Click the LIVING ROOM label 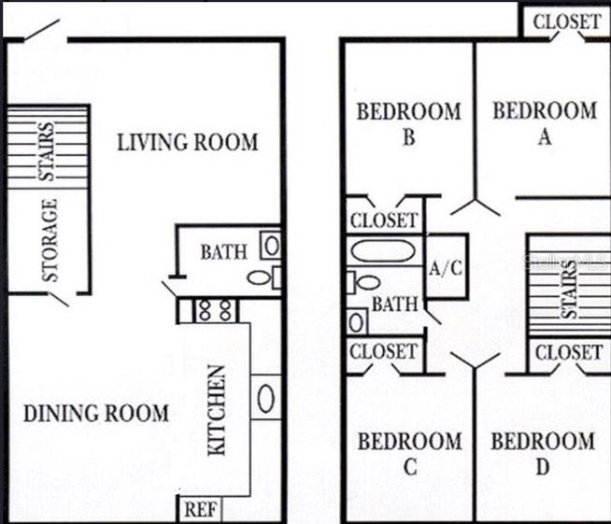click(187, 143)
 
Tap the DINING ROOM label click(96, 413)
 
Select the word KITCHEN click(216, 410)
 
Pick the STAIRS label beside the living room click(47, 149)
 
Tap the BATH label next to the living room click(224, 252)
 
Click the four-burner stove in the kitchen click(216, 309)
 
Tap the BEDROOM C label click(410, 453)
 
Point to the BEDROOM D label click(543, 453)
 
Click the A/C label click(446, 269)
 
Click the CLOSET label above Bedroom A click(567, 21)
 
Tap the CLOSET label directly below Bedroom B click(384, 221)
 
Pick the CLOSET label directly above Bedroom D click(568, 352)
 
